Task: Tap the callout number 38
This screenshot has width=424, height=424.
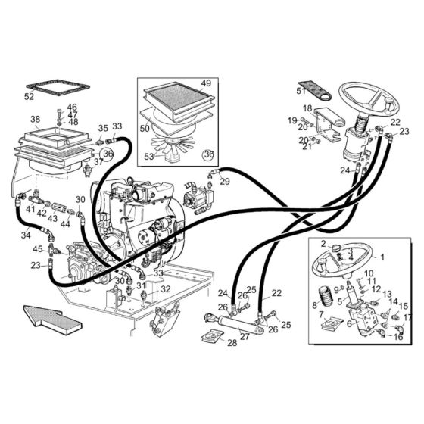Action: (35, 120)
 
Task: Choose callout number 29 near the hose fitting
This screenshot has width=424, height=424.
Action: (224, 181)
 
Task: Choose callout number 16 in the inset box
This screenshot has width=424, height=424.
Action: (398, 337)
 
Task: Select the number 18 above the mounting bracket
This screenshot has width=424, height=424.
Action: (307, 108)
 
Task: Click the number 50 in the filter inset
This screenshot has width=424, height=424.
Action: (145, 129)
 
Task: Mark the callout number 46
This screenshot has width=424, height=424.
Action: (73, 107)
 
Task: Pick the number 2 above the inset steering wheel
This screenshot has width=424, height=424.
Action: (323, 244)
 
